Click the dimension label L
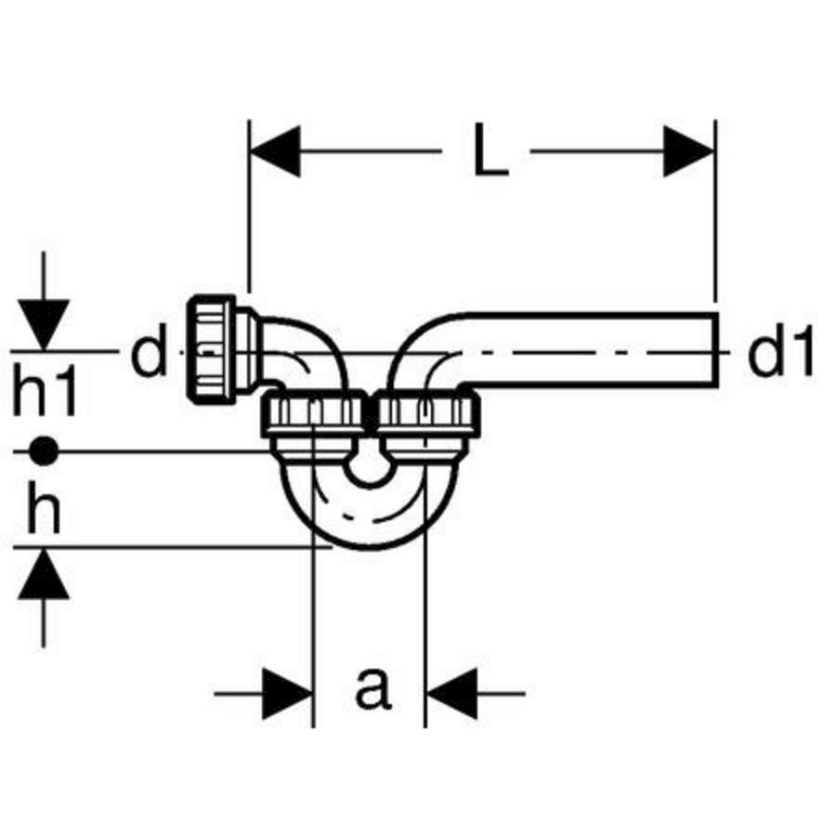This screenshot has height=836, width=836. point(491,151)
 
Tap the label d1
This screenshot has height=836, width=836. point(780,351)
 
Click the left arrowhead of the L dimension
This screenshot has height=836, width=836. point(275,151)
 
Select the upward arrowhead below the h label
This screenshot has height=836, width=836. point(44,574)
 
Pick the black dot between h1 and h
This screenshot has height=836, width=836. point(44,451)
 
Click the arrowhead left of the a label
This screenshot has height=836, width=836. point(288,693)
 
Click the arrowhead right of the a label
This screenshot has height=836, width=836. point(451,693)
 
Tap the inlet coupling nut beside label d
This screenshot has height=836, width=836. point(211,348)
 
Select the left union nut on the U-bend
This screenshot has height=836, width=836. point(315,413)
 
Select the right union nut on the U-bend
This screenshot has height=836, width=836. point(426,413)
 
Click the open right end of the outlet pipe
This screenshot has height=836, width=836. point(714,350)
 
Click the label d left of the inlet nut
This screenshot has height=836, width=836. point(149,351)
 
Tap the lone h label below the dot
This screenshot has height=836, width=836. point(44,506)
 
